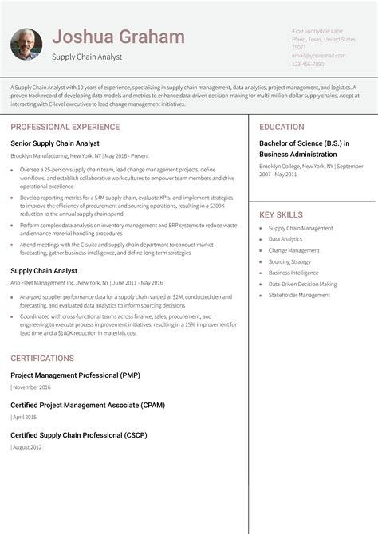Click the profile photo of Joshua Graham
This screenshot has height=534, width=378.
[x=26, y=44]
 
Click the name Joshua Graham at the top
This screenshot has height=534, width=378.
[x=118, y=37]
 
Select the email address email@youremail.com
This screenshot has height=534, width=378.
[x=318, y=56]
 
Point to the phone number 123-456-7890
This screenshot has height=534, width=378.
[x=308, y=64]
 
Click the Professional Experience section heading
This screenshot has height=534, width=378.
[x=65, y=127]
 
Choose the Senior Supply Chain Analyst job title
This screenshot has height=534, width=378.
[x=55, y=143]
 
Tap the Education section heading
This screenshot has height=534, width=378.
[x=282, y=127]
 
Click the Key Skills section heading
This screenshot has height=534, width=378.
[x=281, y=214]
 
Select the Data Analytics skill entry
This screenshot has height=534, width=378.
[x=285, y=239]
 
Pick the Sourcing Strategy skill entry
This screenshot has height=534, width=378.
[x=289, y=261]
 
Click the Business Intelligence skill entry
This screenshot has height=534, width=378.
[x=293, y=273]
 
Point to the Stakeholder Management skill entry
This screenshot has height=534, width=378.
[x=299, y=295]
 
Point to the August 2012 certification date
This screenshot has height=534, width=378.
[x=27, y=448]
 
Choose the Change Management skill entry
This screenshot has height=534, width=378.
[x=293, y=250]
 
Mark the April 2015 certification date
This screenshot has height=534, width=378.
[x=25, y=417]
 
